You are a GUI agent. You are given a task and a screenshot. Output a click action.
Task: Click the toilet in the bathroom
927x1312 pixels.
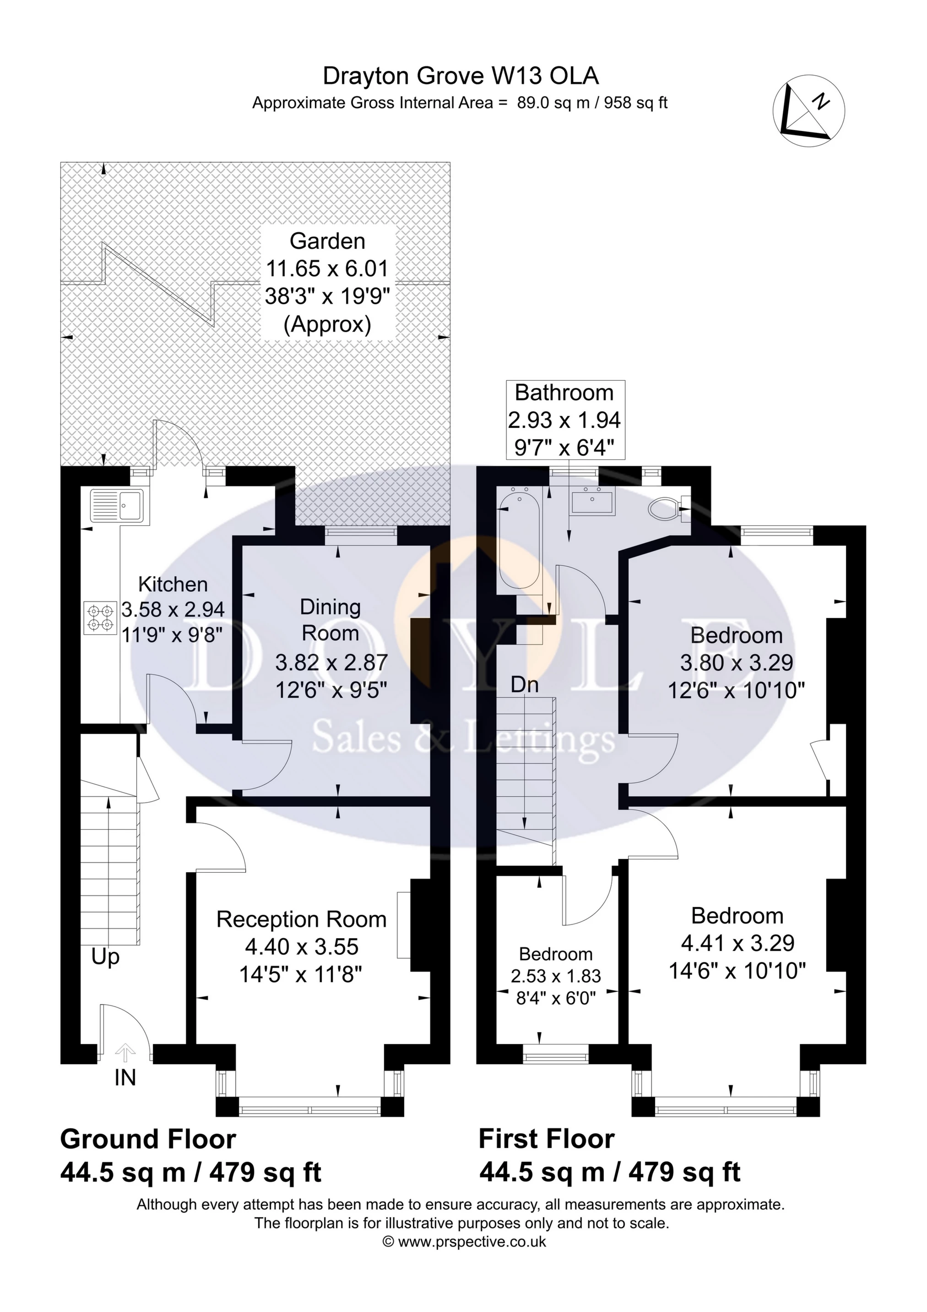666,506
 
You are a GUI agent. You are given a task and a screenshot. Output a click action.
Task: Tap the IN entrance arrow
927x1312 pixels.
125,1050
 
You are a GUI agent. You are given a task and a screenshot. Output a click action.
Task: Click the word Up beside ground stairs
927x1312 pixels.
106,957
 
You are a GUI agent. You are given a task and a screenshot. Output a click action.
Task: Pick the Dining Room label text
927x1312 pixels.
330,620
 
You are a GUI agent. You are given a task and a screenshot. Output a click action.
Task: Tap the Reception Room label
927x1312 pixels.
302,919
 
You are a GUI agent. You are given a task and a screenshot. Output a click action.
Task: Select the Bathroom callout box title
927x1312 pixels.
564,393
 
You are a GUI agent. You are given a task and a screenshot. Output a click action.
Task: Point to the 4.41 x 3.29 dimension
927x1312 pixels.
737,943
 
